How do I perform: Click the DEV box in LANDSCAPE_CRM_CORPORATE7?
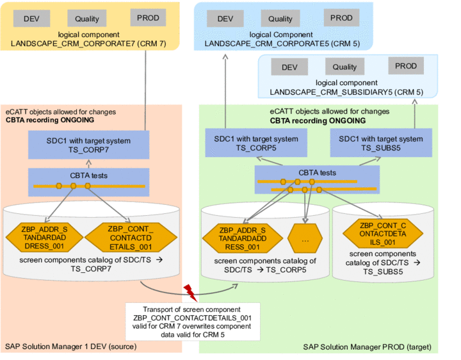tap(32, 19)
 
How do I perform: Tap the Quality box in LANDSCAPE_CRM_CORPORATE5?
tap(280, 19)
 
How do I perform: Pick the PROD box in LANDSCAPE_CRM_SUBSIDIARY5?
tap(405, 66)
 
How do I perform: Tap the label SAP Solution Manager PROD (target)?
tap(367, 347)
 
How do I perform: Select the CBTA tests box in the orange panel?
tap(89, 182)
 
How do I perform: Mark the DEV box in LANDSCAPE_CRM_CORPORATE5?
tap(225, 19)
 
